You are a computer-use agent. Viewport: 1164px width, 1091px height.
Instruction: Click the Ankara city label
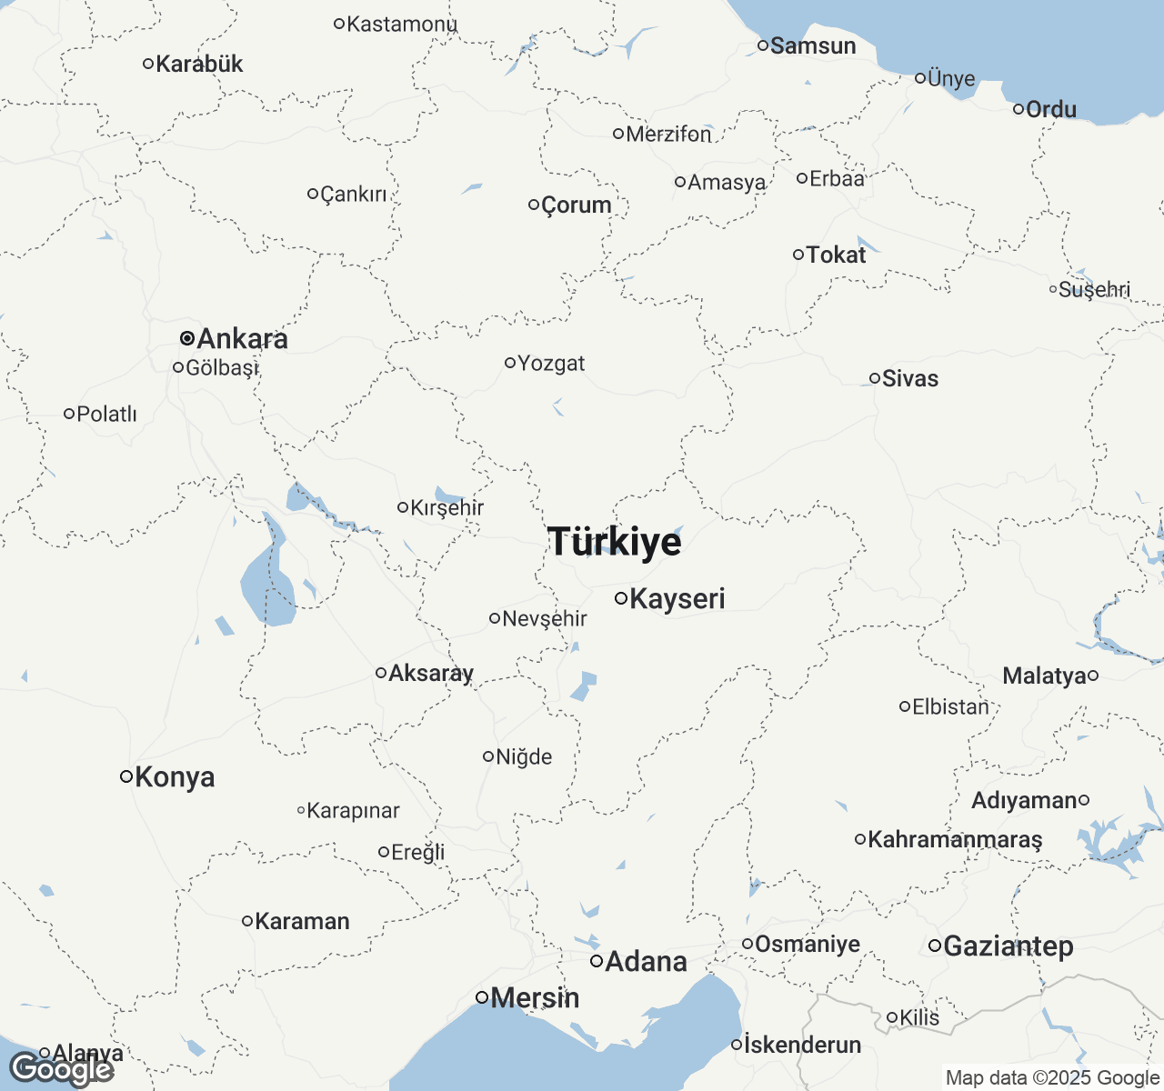(242, 339)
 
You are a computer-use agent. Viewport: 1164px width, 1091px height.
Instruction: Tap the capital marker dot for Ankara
(186, 338)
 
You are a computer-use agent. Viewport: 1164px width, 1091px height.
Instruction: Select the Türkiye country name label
(615, 542)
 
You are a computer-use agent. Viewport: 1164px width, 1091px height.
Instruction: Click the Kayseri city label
(677, 599)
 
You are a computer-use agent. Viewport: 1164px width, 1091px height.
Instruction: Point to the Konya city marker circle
(126, 776)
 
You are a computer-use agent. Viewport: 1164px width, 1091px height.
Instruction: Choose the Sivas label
(910, 378)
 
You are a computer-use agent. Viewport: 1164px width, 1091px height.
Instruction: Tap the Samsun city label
(813, 45)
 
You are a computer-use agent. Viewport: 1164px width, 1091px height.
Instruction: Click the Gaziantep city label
(1008, 946)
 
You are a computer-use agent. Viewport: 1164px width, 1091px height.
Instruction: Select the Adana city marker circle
(597, 961)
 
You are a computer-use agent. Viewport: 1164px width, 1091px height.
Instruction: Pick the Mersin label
(535, 998)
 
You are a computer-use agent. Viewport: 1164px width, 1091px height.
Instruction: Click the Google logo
(62, 1069)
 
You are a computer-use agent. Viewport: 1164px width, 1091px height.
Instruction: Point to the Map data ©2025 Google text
(1052, 1078)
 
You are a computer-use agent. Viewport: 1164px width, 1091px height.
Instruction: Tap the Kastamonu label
(401, 24)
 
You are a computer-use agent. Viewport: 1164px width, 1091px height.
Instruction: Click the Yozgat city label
(551, 364)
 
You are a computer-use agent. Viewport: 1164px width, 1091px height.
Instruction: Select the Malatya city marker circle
(1093, 676)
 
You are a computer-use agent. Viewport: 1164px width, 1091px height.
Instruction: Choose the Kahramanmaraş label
(955, 839)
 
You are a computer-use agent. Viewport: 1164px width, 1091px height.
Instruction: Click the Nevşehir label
(545, 619)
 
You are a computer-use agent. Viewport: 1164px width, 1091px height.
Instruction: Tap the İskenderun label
(802, 1046)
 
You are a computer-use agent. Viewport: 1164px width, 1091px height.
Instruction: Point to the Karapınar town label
(353, 811)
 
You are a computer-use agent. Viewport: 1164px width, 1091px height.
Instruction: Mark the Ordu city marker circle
(1018, 109)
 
